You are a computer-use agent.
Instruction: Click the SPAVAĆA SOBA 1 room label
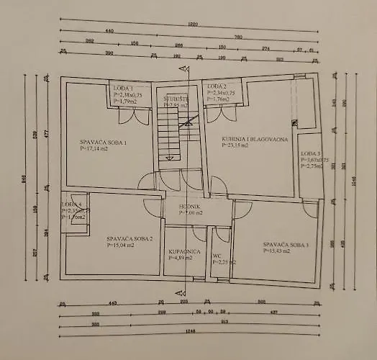(x=103, y=143)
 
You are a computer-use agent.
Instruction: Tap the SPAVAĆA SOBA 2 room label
(x=130, y=238)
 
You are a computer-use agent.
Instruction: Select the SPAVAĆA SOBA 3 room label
(x=286, y=245)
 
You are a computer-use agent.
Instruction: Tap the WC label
(x=217, y=254)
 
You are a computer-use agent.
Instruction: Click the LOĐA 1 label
(x=123, y=88)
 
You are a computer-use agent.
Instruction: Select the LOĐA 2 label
(x=217, y=87)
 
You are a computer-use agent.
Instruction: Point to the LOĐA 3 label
(x=309, y=154)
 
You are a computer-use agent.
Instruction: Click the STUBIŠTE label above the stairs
(x=176, y=99)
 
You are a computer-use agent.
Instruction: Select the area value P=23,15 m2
(x=235, y=145)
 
